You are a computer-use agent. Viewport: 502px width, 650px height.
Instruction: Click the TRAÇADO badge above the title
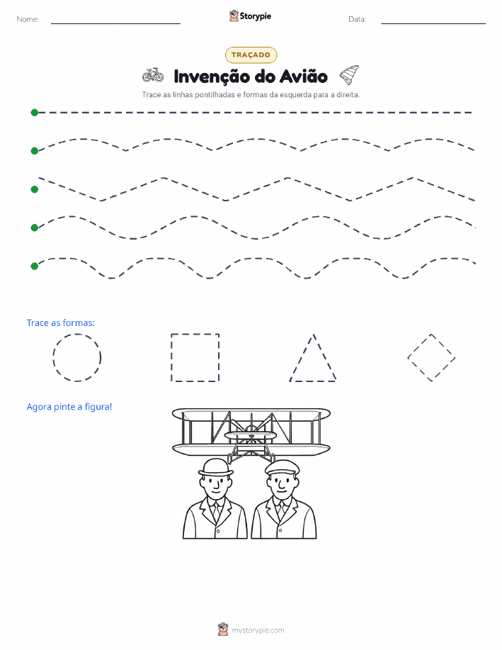point(251,55)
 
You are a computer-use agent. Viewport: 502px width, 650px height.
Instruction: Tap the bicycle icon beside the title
point(153,75)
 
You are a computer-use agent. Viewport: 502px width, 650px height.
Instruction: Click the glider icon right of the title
point(349,74)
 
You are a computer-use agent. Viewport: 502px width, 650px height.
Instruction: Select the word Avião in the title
point(303,77)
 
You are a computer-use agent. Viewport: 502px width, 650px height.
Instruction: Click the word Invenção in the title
point(212,77)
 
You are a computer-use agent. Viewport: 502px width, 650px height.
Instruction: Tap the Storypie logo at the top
point(250,16)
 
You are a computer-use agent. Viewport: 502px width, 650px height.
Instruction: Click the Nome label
point(28,19)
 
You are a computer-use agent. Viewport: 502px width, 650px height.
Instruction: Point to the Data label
point(357,19)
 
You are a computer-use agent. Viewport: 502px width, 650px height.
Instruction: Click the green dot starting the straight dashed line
point(35,112)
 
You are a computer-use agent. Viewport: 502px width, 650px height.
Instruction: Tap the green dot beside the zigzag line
point(35,189)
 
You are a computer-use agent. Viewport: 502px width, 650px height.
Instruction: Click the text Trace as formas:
point(60,323)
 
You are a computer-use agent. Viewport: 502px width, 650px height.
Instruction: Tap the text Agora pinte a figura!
point(69,407)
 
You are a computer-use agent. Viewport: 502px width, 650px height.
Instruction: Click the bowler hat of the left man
point(216,468)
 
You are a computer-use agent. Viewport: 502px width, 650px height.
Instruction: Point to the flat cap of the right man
point(282,467)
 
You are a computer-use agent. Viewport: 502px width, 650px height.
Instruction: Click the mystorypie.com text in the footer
point(258,630)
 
